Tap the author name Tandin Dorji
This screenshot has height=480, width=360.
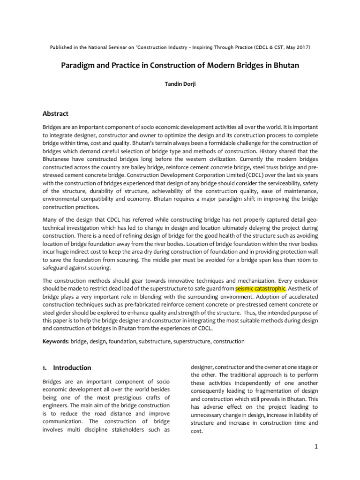point(180,87)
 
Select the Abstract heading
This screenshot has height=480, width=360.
point(55,113)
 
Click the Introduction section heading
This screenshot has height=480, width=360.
point(72,367)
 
